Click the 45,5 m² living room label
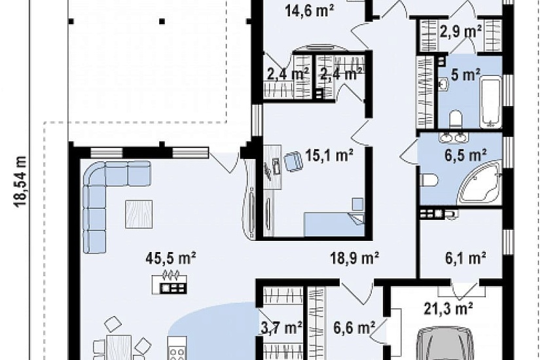click(171, 258)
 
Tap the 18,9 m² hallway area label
click(355, 258)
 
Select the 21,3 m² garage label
click(448, 309)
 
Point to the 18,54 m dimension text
click(21, 181)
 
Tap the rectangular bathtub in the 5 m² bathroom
click(491, 102)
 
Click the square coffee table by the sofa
click(139, 214)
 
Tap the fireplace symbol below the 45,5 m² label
click(170, 282)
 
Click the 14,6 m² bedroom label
click(310, 10)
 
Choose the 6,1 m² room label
click(465, 258)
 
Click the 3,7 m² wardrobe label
click(281, 327)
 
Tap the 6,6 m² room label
click(354, 327)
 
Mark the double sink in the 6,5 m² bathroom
click(454, 137)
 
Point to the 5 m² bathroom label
click(466, 75)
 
